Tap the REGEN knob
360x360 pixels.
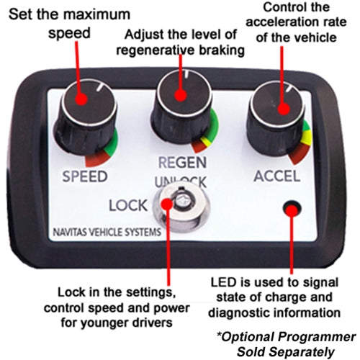pos(181,107)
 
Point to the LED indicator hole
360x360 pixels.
pos(292,208)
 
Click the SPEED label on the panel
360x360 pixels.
pos(85,176)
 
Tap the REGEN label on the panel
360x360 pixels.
pos(182,163)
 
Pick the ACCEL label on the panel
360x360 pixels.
pos(277,176)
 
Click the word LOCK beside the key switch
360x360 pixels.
pos(128,205)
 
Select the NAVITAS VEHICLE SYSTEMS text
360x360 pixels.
pos(107,233)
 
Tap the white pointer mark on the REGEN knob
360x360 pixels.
pos(186,74)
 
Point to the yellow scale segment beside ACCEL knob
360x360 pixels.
pos(307,137)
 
